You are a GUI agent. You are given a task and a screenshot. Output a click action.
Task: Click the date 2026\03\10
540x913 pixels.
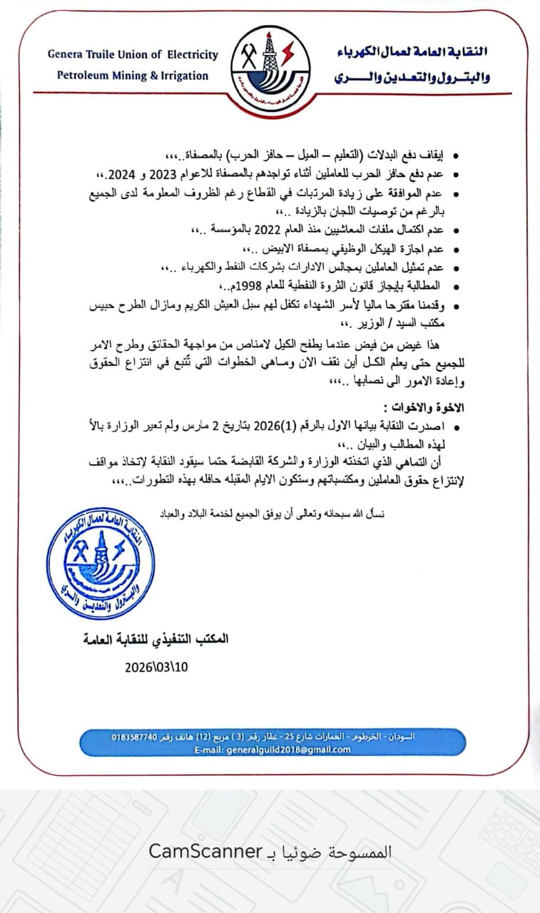coord(156,668)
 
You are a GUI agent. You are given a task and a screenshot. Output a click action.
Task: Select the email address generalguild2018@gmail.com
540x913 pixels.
coord(272,750)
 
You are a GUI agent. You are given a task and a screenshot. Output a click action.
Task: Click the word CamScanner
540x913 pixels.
coord(206,851)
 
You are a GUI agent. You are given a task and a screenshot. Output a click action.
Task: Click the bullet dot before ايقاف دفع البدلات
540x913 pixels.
coord(457,155)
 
